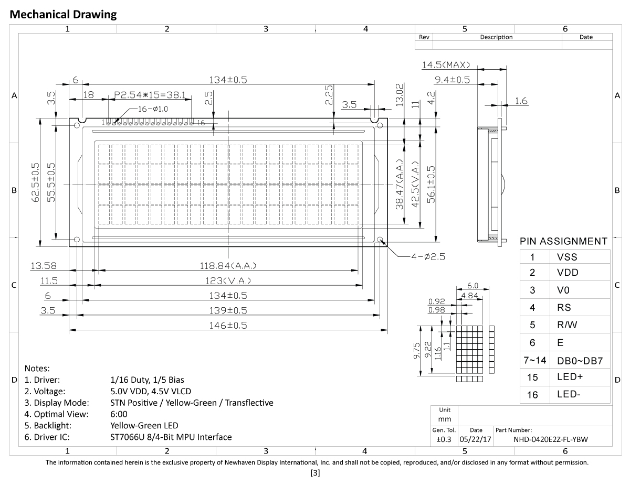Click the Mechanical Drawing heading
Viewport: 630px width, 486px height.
tap(63, 14)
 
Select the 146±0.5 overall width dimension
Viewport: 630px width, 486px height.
tap(228, 325)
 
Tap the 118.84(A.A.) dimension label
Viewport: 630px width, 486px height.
tap(228, 265)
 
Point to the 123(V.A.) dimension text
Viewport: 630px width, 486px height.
tap(228, 280)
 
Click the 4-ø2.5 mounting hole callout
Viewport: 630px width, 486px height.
tap(428, 256)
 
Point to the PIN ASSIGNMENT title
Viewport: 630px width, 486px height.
tap(563, 241)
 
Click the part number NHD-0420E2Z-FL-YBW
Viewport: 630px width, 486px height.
tap(550, 439)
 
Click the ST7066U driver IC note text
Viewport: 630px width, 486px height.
tap(171, 437)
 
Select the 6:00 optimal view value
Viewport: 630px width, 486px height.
tap(119, 414)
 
